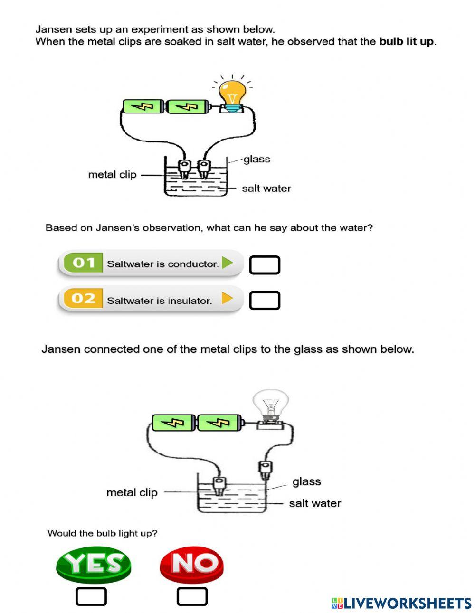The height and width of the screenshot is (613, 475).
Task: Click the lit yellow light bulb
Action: point(232,93)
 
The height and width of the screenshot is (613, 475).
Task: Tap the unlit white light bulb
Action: point(270,404)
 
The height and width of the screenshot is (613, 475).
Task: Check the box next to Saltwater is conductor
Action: point(265,265)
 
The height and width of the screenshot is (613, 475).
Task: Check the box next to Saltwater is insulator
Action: point(265,301)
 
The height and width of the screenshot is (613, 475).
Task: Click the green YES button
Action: point(93,564)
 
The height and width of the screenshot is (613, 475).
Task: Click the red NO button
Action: point(191,564)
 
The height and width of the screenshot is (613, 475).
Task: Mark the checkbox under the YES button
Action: point(91,596)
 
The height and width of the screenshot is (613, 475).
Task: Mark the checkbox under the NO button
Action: point(192,596)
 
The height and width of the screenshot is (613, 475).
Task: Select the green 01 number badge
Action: point(84,263)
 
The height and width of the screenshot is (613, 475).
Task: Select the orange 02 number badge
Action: point(84,299)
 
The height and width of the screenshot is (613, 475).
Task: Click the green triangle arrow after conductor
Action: point(228,263)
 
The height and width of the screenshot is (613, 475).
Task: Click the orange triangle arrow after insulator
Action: point(228,298)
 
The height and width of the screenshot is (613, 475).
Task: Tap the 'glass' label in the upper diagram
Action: point(256,160)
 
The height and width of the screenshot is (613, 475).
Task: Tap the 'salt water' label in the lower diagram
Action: point(315,503)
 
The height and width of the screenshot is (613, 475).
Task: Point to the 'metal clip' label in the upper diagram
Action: point(112,175)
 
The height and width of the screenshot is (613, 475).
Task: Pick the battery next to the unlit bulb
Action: point(219,422)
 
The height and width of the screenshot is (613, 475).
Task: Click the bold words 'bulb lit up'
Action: point(407,42)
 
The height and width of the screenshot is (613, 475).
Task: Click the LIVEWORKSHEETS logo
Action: point(401,603)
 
